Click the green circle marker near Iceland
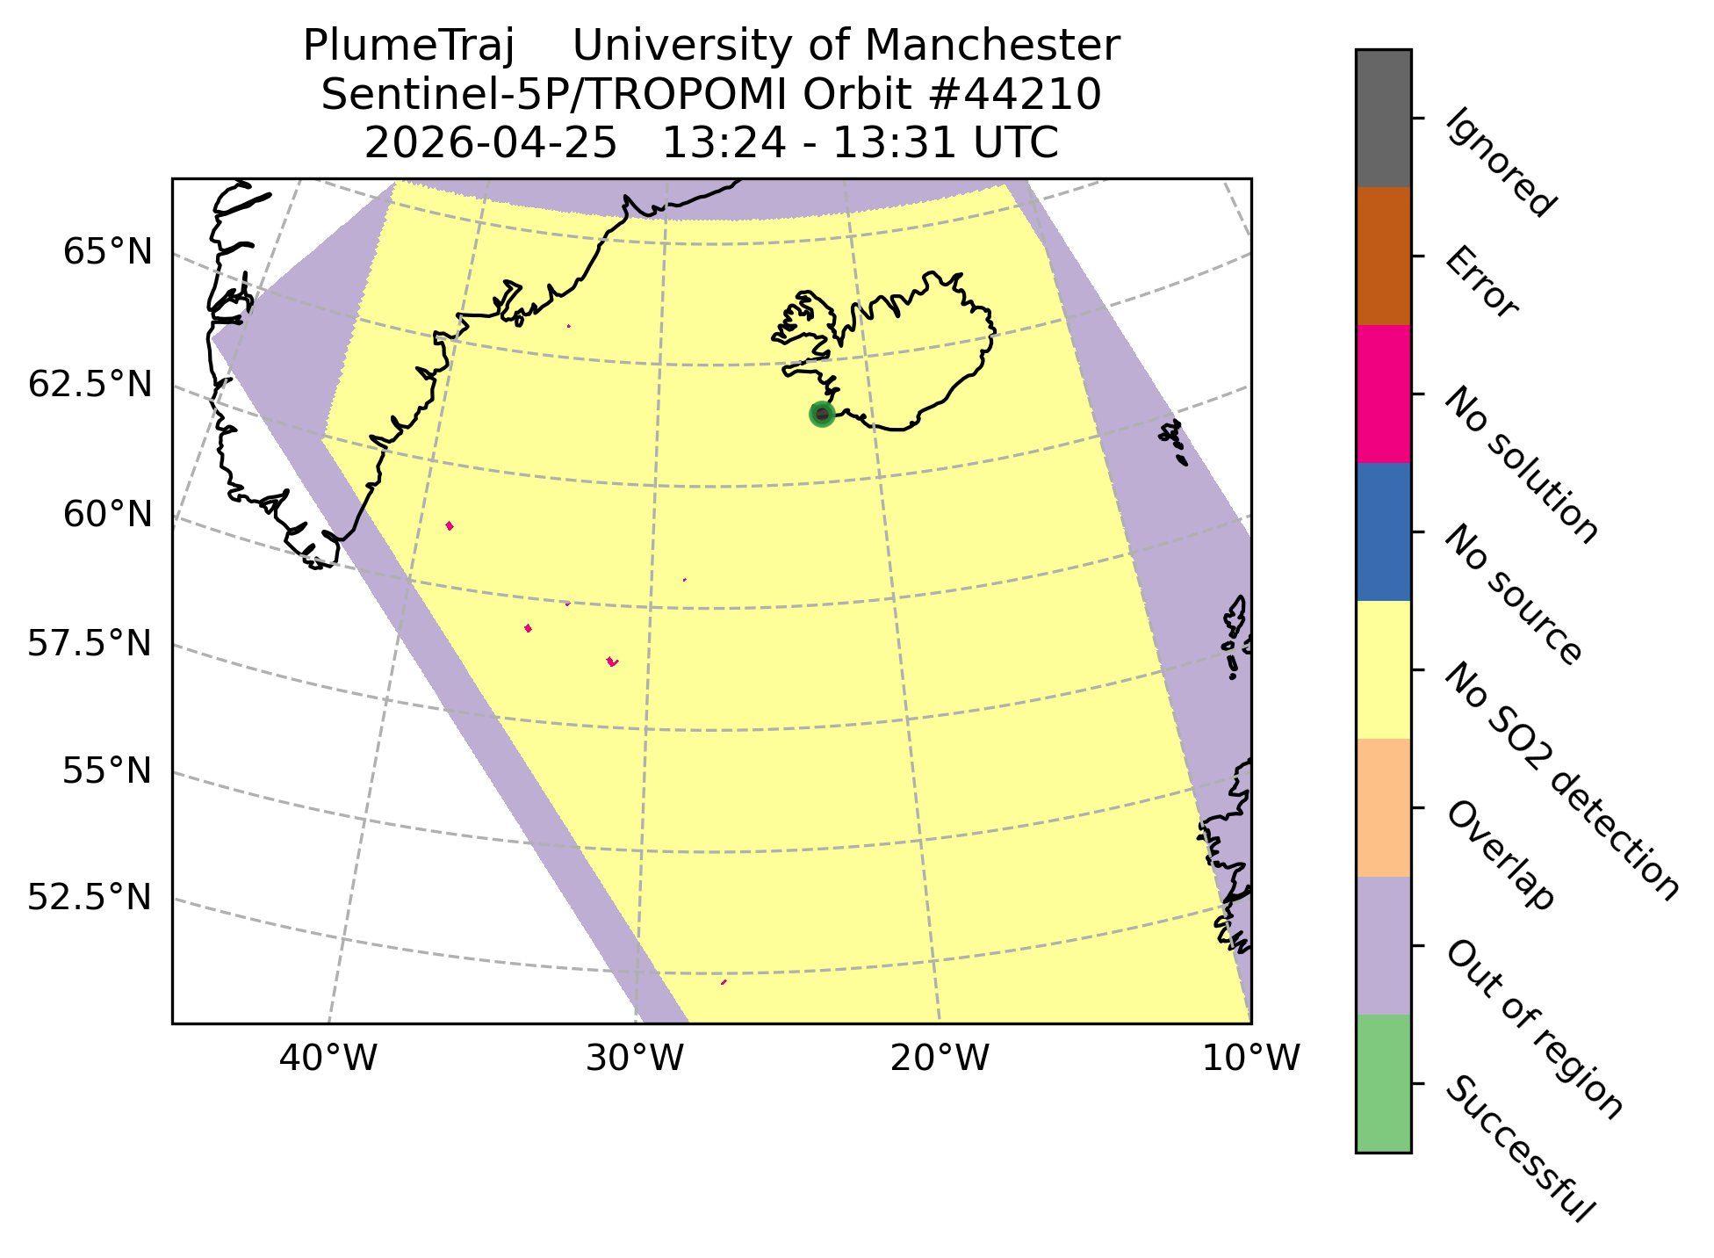click(x=821, y=415)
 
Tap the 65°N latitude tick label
click(x=107, y=253)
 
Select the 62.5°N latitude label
click(x=90, y=385)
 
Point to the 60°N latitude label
click(x=107, y=515)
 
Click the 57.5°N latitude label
click(x=90, y=644)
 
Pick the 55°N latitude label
click(x=107, y=771)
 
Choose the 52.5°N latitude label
click(x=90, y=898)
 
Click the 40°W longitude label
click(x=328, y=1059)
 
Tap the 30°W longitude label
click(x=634, y=1059)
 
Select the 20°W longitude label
click(x=940, y=1059)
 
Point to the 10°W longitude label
click(x=1250, y=1059)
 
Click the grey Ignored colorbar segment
click(x=1384, y=119)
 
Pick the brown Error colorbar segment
click(x=1384, y=257)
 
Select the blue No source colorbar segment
click(x=1384, y=532)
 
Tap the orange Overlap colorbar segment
click(x=1384, y=808)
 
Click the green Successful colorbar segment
click(x=1384, y=1083)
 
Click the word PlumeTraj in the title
click(x=407, y=46)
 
